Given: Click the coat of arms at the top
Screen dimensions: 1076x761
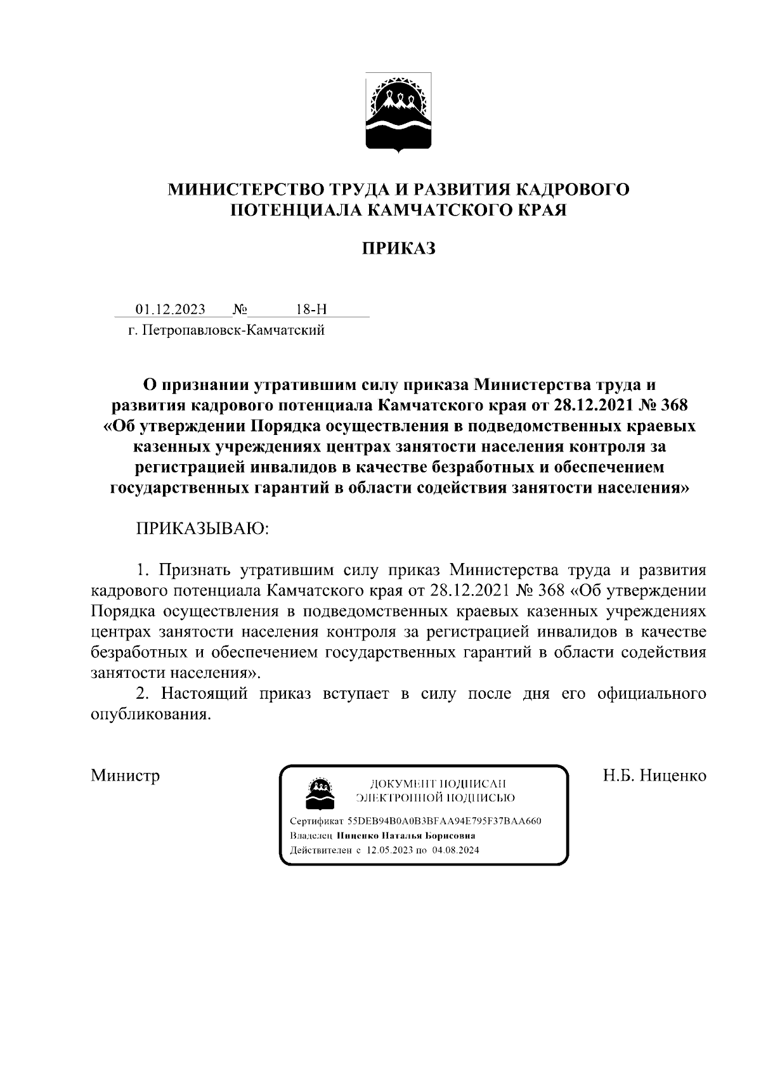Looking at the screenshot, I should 398,113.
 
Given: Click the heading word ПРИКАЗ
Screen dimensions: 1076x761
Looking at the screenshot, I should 398,249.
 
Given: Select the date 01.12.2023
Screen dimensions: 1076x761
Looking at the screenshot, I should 171,309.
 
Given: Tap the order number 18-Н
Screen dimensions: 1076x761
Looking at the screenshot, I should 311,309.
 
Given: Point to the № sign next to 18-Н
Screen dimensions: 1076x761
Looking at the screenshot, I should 240,309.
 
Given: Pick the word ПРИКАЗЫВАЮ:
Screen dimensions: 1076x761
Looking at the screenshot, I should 202,529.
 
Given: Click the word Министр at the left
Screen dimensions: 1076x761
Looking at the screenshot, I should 125,775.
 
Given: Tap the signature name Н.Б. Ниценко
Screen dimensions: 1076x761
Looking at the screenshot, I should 654,775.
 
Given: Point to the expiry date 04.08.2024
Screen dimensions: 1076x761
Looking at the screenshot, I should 455,850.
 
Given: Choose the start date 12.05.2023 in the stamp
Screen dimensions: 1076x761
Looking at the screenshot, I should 389,850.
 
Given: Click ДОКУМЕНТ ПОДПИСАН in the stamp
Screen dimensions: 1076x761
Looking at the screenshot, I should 438,784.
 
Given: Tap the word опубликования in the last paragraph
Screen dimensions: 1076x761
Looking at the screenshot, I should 149,715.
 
